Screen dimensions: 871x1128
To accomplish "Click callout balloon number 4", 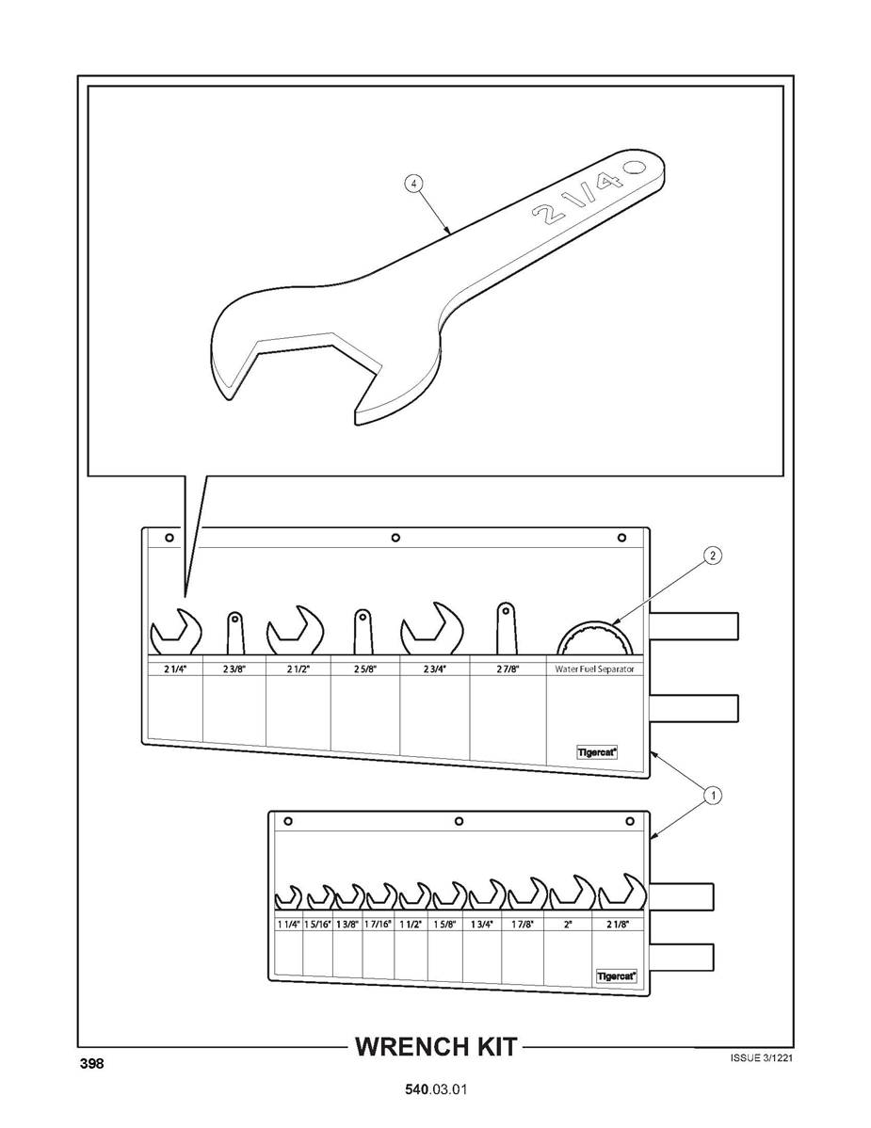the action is click(413, 185).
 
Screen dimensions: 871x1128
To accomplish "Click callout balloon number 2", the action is click(712, 556).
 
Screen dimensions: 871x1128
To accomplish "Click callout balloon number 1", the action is click(712, 795).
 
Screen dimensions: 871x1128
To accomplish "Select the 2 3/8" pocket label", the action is click(234, 669).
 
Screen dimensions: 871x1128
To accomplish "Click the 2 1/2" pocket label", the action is click(298, 669).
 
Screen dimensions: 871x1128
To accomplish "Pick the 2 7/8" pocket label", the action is click(508, 669).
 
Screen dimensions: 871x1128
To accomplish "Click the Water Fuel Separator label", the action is click(594, 669).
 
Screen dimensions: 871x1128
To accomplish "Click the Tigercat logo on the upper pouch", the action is click(598, 752).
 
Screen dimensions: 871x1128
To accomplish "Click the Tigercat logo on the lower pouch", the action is click(617, 976).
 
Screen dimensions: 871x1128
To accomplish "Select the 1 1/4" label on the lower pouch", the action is click(288, 925).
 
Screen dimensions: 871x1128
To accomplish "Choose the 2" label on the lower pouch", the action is click(568, 925).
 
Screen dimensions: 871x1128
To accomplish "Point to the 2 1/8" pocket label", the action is click(617, 925).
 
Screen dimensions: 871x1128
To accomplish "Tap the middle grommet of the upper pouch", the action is click(395, 538).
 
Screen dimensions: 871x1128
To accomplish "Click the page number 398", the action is click(91, 1063).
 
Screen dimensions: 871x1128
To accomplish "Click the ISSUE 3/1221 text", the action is click(762, 1057).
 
